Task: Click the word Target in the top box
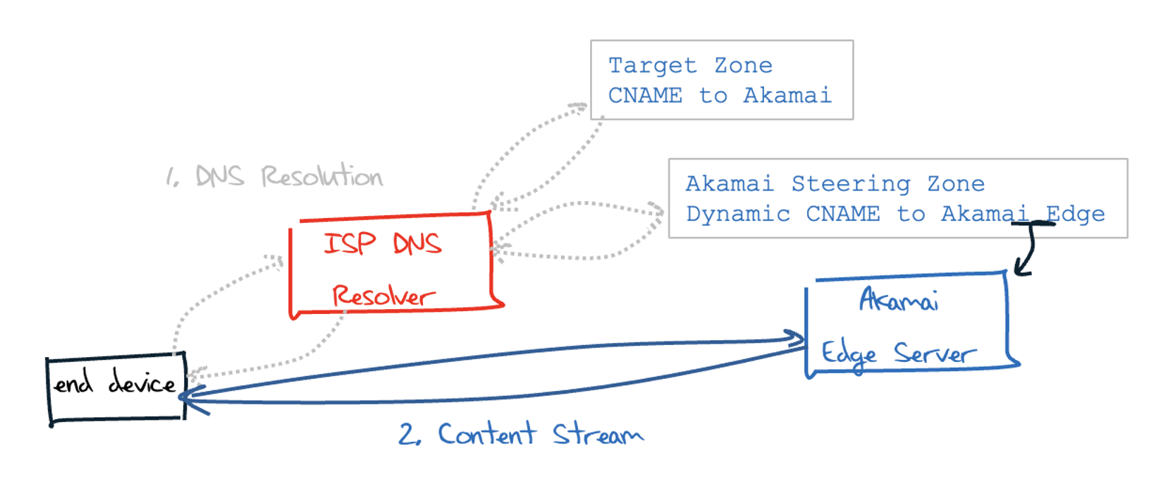tap(652, 66)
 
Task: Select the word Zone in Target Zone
tap(743, 66)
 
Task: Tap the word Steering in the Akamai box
tap(850, 184)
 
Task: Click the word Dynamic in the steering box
tap(737, 215)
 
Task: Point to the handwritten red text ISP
tap(349, 243)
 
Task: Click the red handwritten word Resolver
tap(383, 296)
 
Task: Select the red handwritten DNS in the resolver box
tap(417, 244)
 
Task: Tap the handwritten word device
tap(142, 383)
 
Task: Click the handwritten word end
tap(73, 384)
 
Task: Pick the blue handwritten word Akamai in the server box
tap(898, 301)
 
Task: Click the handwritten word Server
tap(935, 354)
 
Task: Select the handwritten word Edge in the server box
tap(849, 354)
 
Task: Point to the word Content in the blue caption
tap(486, 434)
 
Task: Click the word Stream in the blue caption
tap(597, 435)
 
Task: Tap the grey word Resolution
tap(321, 176)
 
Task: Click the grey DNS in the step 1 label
tap(219, 176)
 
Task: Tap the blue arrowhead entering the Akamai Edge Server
tap(797, 339)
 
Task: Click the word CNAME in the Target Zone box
tap(645, 96)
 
